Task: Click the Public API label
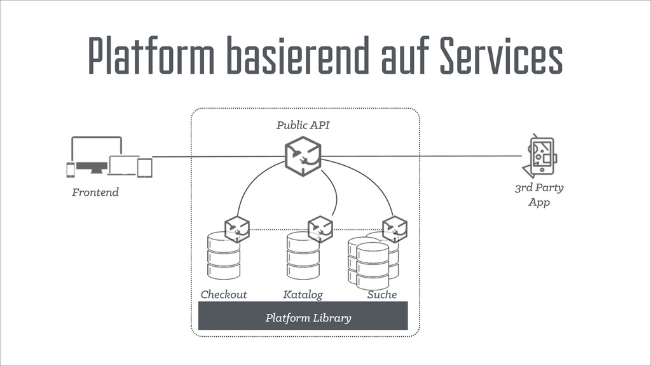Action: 303,125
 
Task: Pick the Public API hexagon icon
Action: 303,156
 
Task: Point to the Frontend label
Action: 95,191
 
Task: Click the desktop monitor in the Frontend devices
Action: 96,153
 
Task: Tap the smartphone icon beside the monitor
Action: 71,169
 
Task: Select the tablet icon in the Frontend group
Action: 145,167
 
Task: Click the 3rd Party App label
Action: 538,194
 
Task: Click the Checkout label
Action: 223,294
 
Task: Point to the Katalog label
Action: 303,294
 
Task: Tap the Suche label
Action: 381,294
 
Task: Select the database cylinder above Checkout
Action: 223,255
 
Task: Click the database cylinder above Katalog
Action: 303,255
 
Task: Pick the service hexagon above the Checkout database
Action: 237,229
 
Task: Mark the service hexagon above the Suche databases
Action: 394,229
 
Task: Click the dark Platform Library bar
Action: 303,316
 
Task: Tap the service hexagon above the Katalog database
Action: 320,229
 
